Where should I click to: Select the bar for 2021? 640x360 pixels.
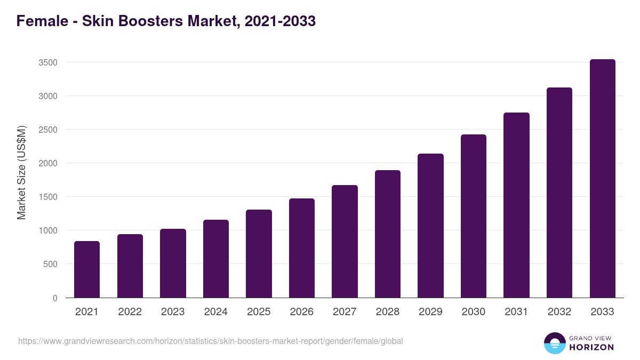(87, 269)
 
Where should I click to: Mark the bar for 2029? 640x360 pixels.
(430, 226)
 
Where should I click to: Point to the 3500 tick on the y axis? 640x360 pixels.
(48, 62)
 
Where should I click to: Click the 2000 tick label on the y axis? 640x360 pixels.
(48, 163)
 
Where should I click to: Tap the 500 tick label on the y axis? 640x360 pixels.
(50, 264)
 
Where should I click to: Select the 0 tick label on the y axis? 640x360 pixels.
(55, 298)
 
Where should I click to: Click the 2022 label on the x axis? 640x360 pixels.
(130, 312)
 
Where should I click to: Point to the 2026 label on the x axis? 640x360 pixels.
(302, 312)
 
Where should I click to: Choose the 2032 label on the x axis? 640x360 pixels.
(559, 312)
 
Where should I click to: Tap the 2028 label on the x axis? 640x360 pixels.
(388, 312)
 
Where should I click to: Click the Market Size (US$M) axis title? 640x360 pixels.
(21, 172)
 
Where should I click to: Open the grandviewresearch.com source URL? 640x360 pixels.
(210, 341)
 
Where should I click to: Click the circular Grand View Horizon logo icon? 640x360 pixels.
(554, 343)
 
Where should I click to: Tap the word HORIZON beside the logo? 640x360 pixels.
(591, 347)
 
